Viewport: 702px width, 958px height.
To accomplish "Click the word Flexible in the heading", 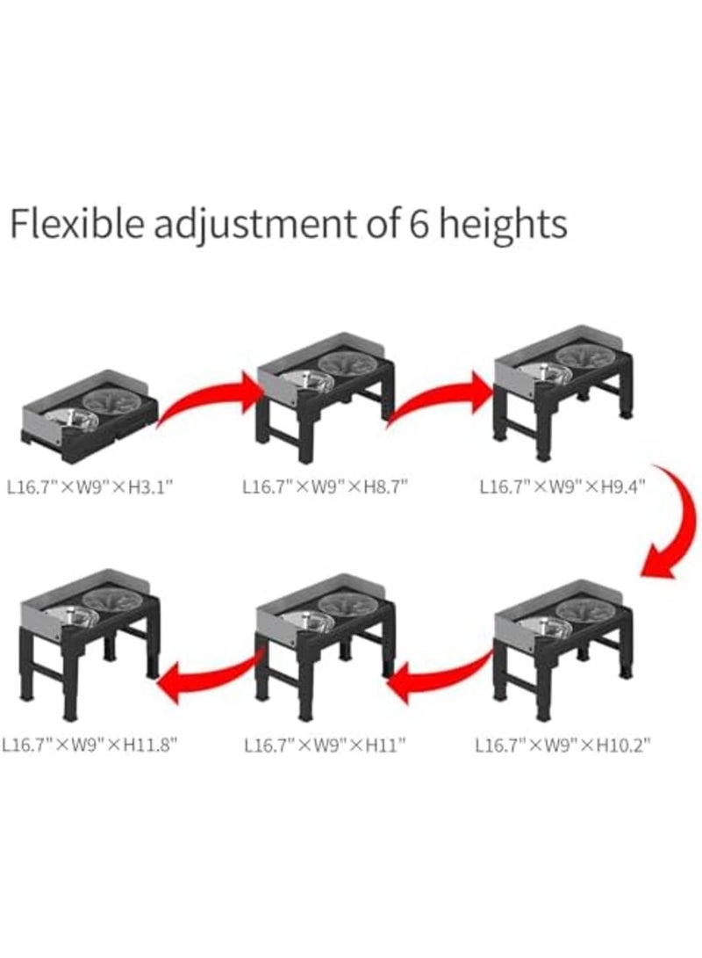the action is (x=77, y=224).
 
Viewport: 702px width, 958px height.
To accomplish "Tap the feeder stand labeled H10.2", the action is (x=562, y=649).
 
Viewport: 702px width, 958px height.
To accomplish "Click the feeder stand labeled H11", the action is (x=326, y=652).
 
